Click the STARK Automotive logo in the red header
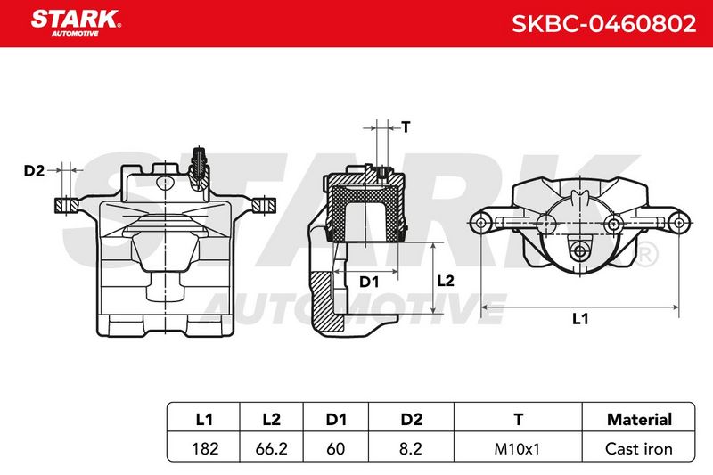coord(76,23)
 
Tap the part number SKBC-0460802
coord(604,24)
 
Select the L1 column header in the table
coord(204,419)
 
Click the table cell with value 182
coord(205,449)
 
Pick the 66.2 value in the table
coord(272,449)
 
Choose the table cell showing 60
coord(336,449)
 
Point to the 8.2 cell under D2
coord(411,449)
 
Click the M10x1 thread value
coord(517,449)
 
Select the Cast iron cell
coord(638,449)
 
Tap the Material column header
coord(639,419)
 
